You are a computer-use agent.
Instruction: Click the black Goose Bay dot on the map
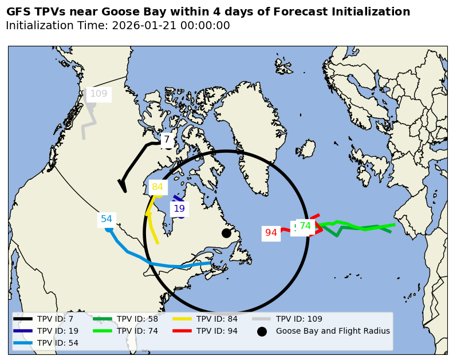(x=226, y=233)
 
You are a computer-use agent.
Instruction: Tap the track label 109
(x=99, y=94)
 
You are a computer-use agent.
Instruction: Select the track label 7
(x=167, y=139)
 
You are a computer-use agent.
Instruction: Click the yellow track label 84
(x=157, y=187)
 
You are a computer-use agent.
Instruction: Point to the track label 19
(x=179, y=209)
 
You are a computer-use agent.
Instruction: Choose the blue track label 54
(x=107, y=219)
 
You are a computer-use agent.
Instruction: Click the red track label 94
(x=271, y=233)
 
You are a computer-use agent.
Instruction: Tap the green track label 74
(x=305, y=226)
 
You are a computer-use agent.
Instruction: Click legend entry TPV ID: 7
(x=55, y=319)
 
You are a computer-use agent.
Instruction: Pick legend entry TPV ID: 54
(x=58, y=343)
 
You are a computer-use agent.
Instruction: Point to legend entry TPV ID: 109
(x=299, y=319)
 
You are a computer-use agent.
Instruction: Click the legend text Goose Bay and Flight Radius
(x=333, y=331)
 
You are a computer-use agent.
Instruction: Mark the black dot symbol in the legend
(x=262, y=331)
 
